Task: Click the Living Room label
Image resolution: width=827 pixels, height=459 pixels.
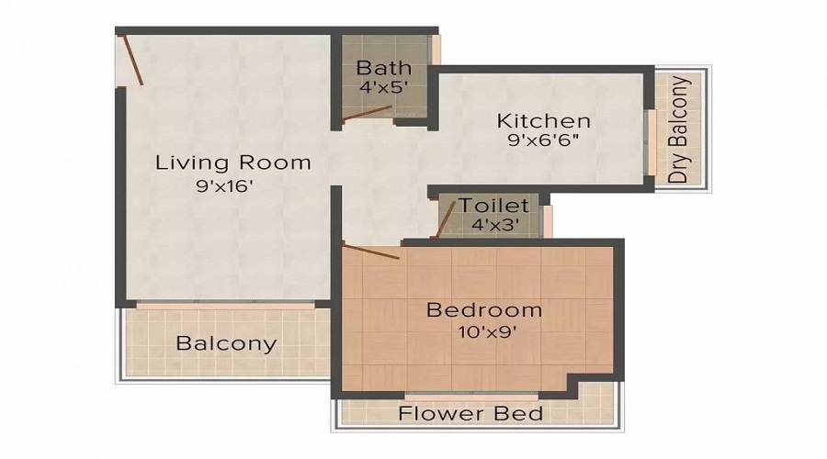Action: pyautogui.click(x=232, y=163)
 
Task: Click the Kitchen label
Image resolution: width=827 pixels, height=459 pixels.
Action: pyautogui.click(x=543, y=120)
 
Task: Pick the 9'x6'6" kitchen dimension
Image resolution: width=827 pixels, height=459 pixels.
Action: pyautogui.click(x=543, y=143)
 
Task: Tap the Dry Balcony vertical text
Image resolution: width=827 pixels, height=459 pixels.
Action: pyautogui.click(x=680, y=130)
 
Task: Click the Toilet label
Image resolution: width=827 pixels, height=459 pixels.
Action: pyautogui.click(x=493, y=205)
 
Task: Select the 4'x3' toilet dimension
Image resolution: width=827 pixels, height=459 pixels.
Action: pyautogui.click(x=493, y=225)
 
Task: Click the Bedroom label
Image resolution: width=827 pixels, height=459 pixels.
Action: pyautogui.click(x=483, y=309)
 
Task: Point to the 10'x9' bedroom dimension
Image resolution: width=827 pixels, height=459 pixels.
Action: pyautogui.click(x=483, y=332)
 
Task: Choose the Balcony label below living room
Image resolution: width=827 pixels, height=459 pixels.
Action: pyautogui.click(x=226, y=344)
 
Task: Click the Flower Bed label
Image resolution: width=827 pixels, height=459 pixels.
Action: pyautogui.click(x=470, y=413)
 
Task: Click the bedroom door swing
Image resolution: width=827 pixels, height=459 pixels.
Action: pyautogui.click(x=370, y=251)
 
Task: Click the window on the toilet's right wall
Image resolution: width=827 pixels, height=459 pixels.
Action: pyautogui.click(x=547, y=220)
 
